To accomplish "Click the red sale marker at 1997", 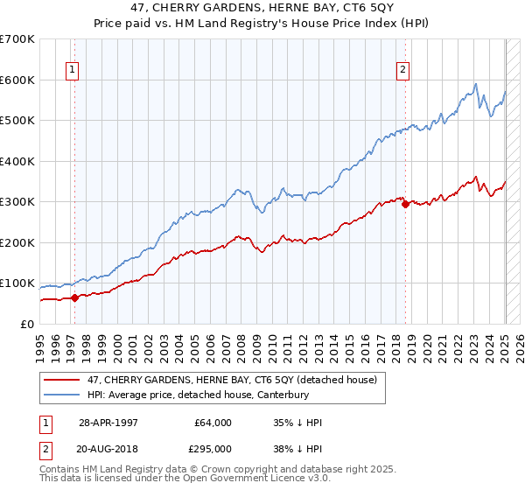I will pos(75,297).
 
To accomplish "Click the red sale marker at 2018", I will pos(405,205).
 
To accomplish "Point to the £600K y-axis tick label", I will pos(17,80).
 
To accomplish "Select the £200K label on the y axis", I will pos(17,242).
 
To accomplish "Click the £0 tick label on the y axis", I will pos(26,324).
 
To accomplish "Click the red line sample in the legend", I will pos(62,380).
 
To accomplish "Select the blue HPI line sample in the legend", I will pos(62,395).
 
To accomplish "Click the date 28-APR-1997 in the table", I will pos(108,423).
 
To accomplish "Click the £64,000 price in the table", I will pos(213,423).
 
